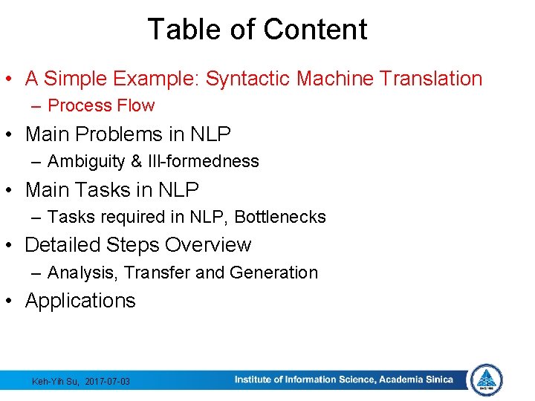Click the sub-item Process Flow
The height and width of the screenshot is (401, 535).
(101, 105)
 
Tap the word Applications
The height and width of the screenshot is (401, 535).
(80, 301)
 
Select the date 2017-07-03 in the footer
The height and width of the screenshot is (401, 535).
(108, 381)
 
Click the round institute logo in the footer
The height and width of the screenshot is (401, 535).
(487, 379)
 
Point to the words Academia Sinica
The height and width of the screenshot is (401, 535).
(415, 379)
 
